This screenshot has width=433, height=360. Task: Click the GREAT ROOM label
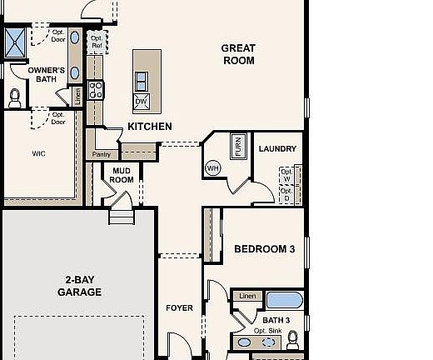pyautogui.click(x=238, y=54)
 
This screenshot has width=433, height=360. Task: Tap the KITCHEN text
pyautogui.click(x=150, y=127)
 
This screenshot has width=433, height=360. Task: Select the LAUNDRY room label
pyautogui.click(x=277, y=149)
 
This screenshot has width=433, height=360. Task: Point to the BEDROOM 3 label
pyautogui.click(x=264, y=249)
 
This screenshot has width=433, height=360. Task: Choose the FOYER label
pyautogui.click(x=179, y=308)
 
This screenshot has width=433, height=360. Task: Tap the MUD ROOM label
pyautogui.click(x=122, y=175)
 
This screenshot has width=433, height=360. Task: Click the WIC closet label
pyautogui.click(x=38, y=153)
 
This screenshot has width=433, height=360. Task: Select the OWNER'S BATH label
pyautogui.click(x=46, y=75)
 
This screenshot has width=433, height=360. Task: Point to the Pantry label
pyautogui.click(x=102, y=154)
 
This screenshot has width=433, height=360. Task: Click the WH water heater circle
pyautogui.click(x=212, y=167)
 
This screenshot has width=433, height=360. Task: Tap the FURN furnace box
pyautogui.click(x=238, y=147)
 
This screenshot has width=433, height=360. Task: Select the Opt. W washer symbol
pyautogui.click(x=287, y=176)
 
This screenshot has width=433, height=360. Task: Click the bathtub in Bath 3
pyautogui.click(x=285, y=300)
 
